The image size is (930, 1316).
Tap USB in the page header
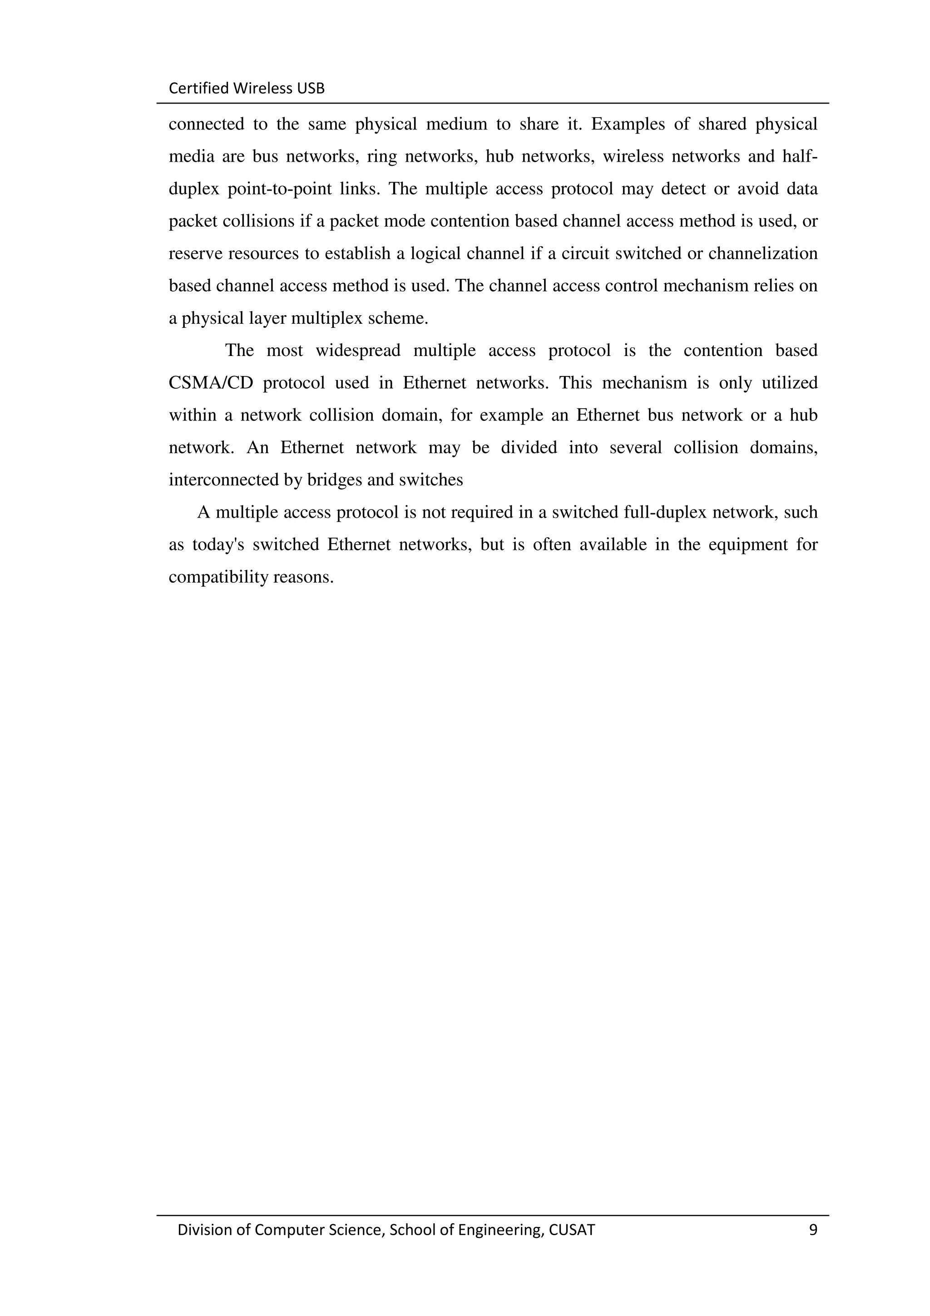pyautogui.click(x=311, y=88)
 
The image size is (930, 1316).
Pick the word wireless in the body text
pyautogui.click(x=632, y=157)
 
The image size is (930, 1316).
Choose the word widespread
pyautogui.click(x=358, y=350)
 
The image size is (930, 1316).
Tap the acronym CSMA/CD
pyautogui.click(x=211, y=383)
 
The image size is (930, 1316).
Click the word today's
pyautogui.click(x=218, y=544)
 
